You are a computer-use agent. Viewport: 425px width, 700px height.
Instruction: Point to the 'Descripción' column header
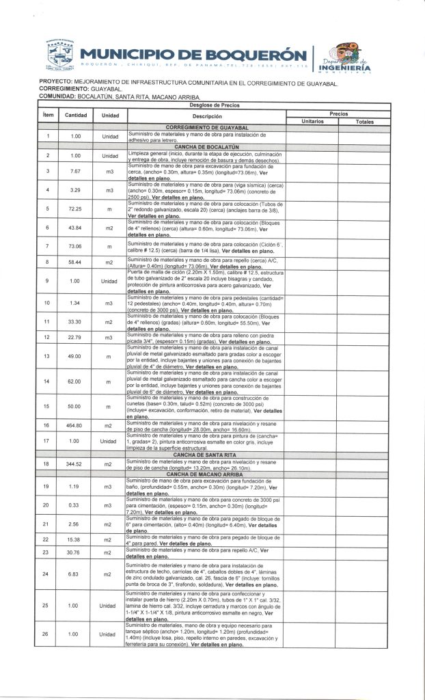[x=204, y=116]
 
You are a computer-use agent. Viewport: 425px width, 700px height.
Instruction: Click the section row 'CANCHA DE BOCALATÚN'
[x=204, y=147]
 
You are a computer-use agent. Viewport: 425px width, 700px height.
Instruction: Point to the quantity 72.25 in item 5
[x=74, y=208]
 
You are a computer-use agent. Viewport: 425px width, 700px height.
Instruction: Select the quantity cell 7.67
[x=74, y=171]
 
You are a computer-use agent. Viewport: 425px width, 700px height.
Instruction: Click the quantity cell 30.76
[x=74, y=552]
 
